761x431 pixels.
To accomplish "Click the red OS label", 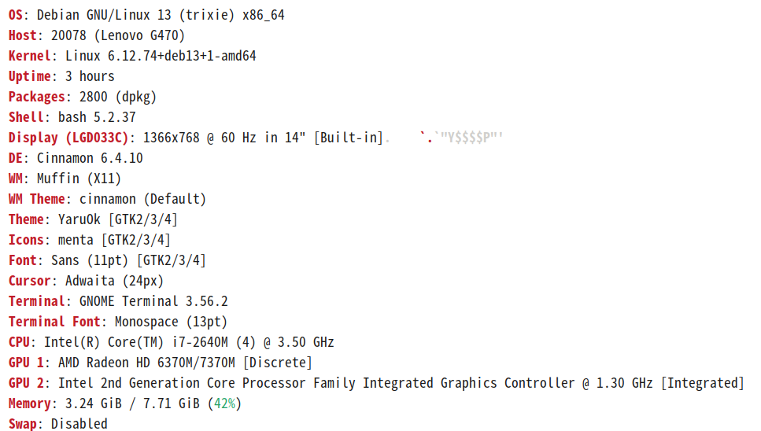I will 16,15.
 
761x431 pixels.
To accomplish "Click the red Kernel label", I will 29,56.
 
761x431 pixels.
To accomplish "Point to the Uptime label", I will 29,76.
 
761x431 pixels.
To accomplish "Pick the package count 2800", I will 94,97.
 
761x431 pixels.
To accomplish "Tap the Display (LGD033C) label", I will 68,138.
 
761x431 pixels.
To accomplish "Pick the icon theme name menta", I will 76,240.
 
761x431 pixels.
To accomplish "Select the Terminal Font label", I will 54,322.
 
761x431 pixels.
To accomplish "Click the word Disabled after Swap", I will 79,424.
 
